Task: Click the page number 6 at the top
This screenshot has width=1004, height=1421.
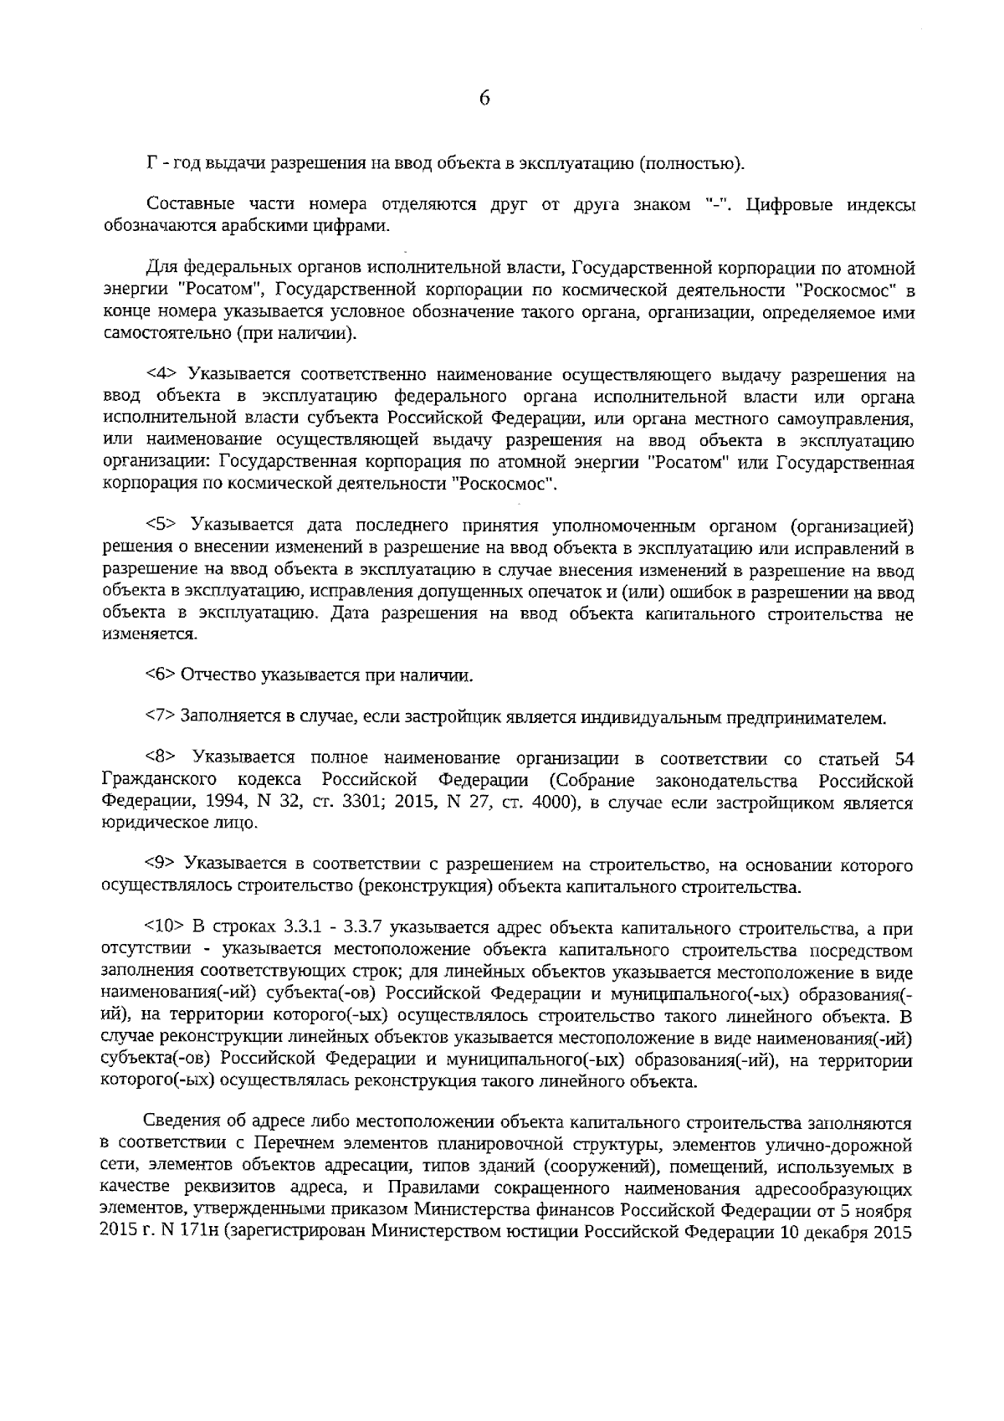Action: pos(484,99)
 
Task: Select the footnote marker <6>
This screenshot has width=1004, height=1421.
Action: pos(161,675)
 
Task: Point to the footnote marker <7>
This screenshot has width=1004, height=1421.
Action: pos(161,716)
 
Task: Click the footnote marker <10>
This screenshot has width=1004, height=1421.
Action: pos(164,927)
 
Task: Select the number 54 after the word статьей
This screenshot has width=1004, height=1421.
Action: pos(904,758)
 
